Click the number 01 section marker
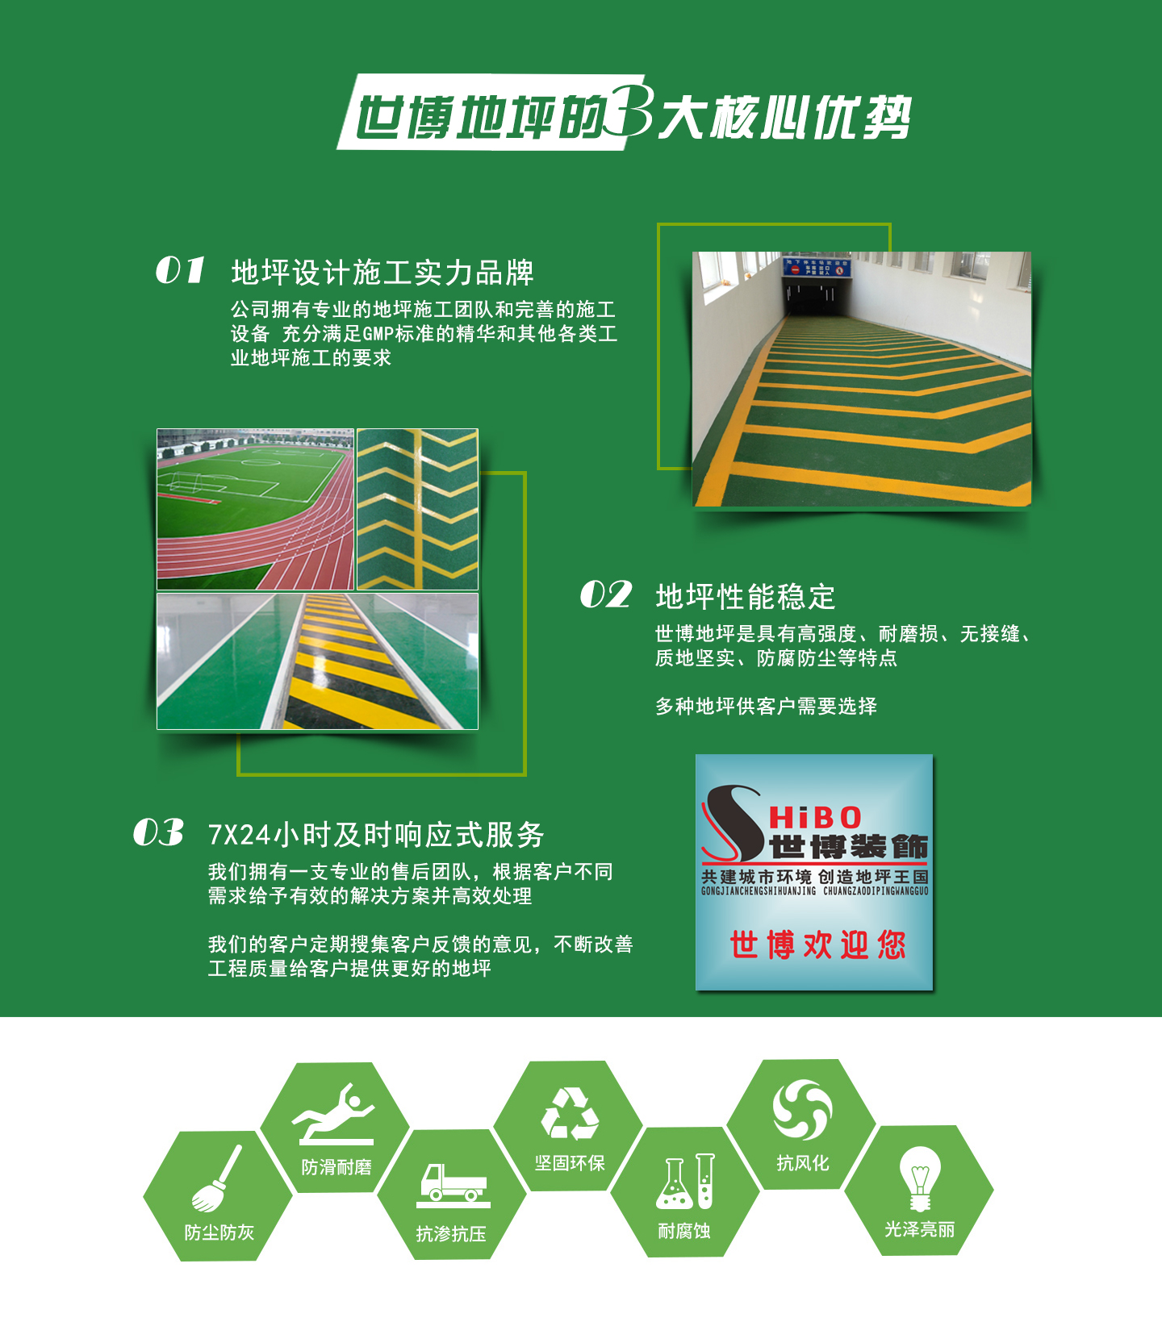pyautogui.click(x=180, y=271)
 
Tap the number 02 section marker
pyautogui.click(x=606, y=595)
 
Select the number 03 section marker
pyautogui.click(x=158, y=833)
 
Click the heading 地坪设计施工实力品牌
pyautogui.click(x=382, y=273)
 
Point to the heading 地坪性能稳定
pyautogui.click(x=746, y=597)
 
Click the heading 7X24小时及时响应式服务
pyautogui.click(x=376, y=835)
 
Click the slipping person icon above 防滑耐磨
pyautogui.click(x=335, y=1114)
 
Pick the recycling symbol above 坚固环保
pyautogui.click(x=570, y=1114)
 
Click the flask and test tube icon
pyautogui.click(x=685, y=1182)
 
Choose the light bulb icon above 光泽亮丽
pyautogui.click(x=919, y=1178)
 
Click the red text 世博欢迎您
pyautogui.click(x=817, y=945)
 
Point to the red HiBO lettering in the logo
pyautogui.click(x=815, y=818)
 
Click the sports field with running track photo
pyautogui.click(x=255, y=510)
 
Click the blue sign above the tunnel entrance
pyautogui.click(x=817, y=267)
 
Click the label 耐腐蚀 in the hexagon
pyautogui.click(x=684, y=1231)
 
